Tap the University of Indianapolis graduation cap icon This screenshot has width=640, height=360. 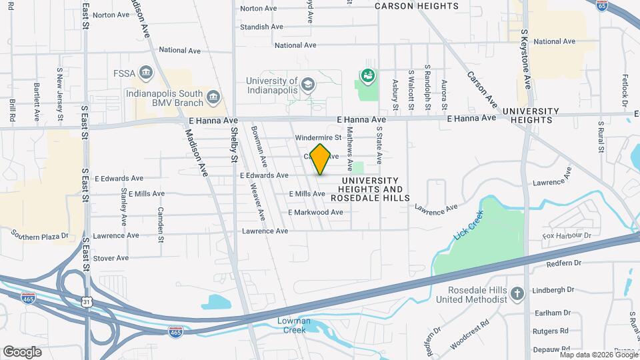tap(307, 84)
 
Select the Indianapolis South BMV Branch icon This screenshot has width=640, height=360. tap(213, 97)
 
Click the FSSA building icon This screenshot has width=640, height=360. tap(148, 72)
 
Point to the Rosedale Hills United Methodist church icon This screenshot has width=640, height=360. tap(517, 293)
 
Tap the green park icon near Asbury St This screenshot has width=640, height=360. tap(367, 77)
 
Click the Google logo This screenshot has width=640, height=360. tap(22, 351)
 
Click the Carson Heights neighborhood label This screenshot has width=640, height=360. tap(417, 6)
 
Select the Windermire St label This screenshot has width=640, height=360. tap(318, 138)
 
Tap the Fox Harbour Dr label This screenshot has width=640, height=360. tap(567, 236)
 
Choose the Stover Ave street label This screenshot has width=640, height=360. tap(111, 258)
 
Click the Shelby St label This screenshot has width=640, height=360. tap(234, 145)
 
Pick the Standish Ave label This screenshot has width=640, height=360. tap(262, 27)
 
